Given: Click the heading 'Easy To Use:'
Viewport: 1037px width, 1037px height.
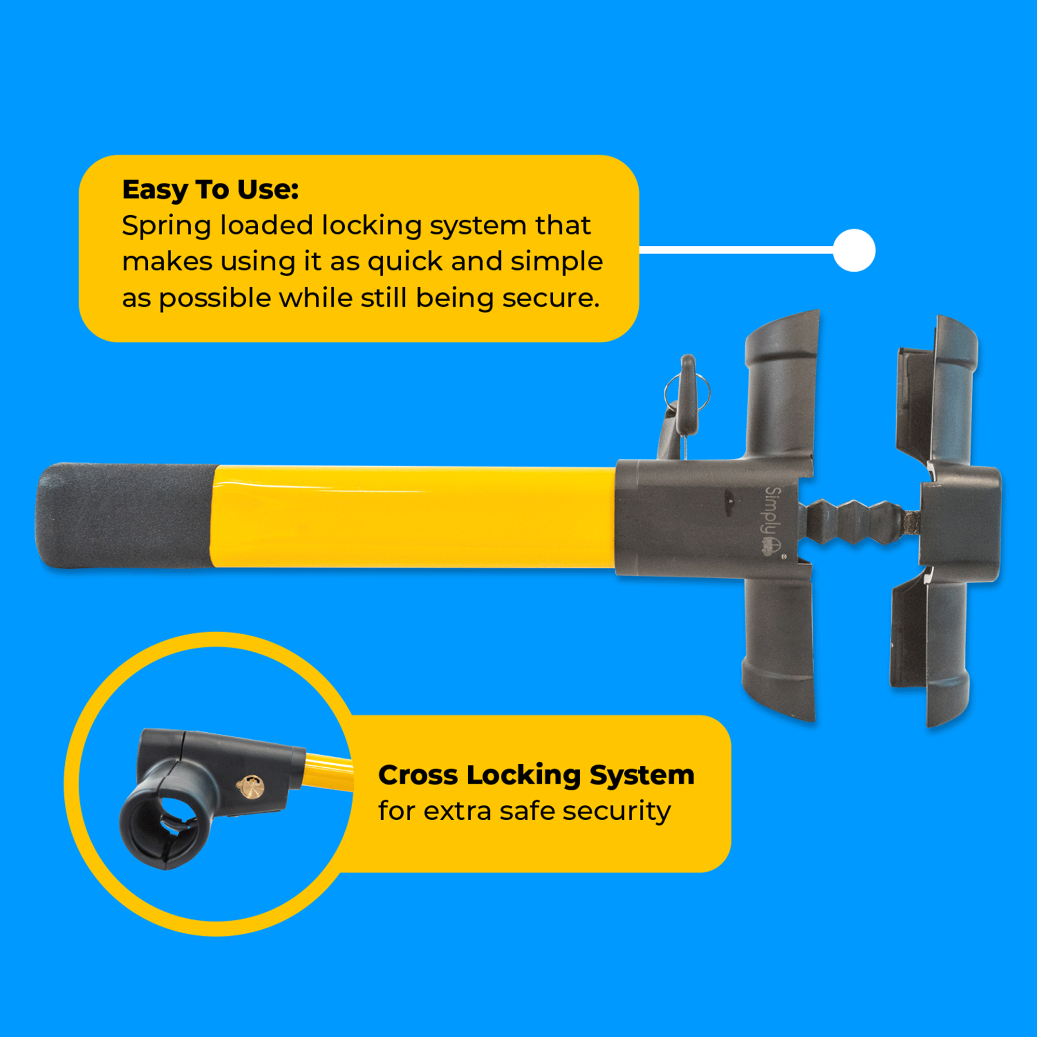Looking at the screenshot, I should (210, 189).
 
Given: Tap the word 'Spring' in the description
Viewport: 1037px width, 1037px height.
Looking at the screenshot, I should (164, 227).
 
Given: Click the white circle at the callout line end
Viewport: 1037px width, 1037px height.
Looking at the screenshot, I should (853, 250).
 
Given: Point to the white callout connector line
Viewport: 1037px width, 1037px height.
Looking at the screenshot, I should (735, 250).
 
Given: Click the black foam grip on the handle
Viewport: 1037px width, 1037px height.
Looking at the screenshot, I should (123, 515).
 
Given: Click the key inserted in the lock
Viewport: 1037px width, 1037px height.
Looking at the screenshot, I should (688, 397).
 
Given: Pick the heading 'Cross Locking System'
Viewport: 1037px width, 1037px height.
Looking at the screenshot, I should (536, 776).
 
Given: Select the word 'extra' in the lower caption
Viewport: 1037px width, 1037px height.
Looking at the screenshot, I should (457, 811).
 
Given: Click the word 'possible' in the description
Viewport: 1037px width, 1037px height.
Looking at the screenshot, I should (215, 299).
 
